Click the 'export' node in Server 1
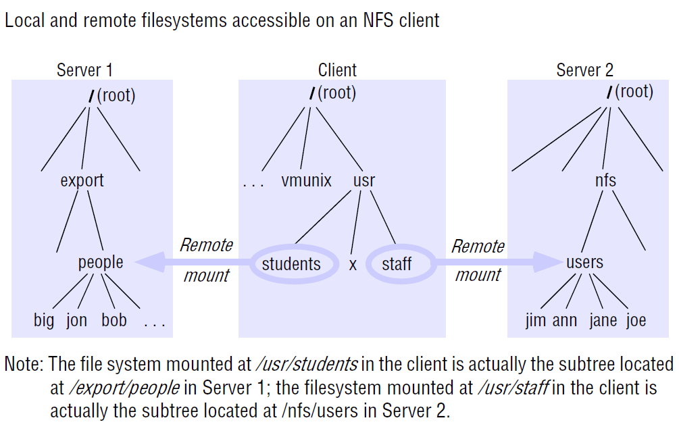[x=82, y=181]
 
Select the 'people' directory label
[x=101, y=262]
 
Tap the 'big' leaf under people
[x=44, y=320]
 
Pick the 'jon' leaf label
[x=76, y=320]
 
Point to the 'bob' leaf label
[x=114, y=320]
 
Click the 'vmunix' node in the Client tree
[x=306, y=181]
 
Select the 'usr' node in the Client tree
[x=363, y=181]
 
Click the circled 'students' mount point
[x=291, y=263]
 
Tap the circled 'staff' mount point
[x=397, y=263]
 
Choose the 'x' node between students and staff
[x=353, y=265]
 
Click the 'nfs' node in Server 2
[x=605, y=181]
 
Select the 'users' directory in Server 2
[x=584, y=262]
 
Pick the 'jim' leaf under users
[x=536, y=320]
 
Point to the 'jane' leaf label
[x=603, y=320]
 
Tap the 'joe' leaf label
[x=636, y=320]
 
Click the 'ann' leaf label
[x=565, y=320]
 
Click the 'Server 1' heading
[x=84, y=70]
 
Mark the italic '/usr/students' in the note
[x=305, y=365]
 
